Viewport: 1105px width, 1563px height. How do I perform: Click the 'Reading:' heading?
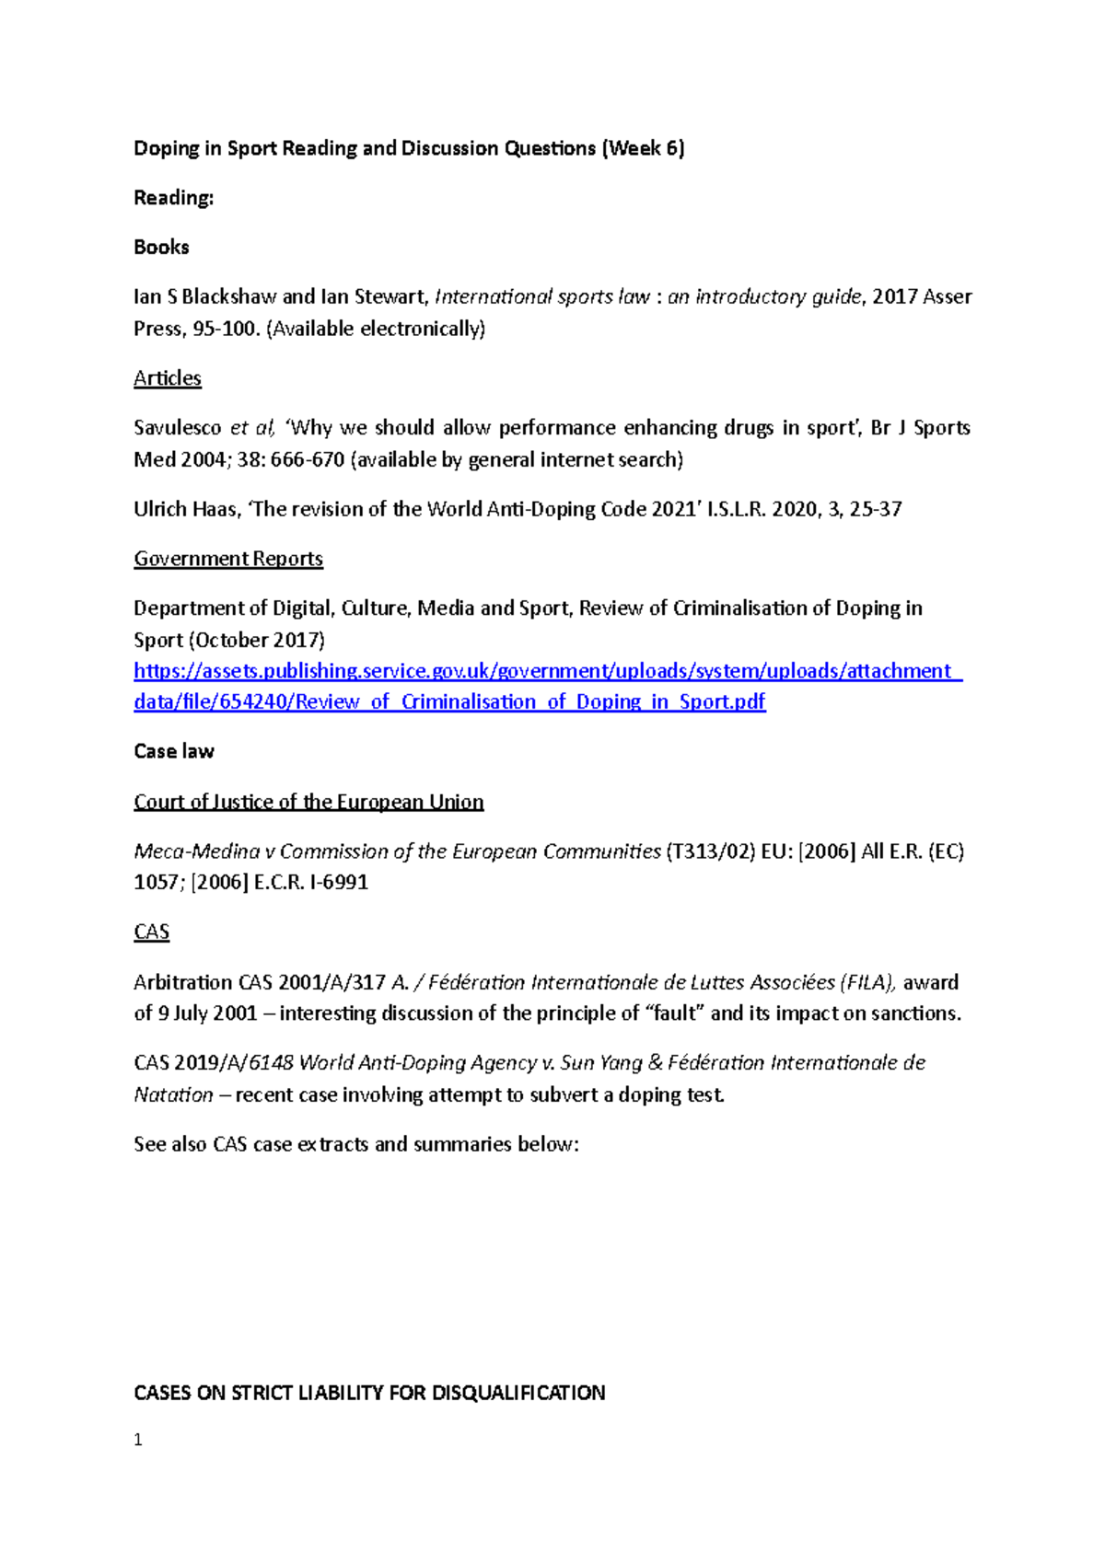click(173, 198)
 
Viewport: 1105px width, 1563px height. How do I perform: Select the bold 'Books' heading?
click(161, 247)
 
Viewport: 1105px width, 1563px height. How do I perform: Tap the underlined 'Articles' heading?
click(168, 378)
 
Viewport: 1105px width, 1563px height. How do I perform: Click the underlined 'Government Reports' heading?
click(228, 559)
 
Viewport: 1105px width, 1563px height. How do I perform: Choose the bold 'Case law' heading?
click(174, 751)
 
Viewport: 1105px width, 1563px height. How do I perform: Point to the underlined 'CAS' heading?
click(152, 932)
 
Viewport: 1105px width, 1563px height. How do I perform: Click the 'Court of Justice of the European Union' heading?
click(308, 802)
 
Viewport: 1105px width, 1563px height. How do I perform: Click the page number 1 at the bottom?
click(138, 1440)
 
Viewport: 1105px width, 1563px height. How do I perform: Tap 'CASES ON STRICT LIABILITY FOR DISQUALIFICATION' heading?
click(369, 1393)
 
